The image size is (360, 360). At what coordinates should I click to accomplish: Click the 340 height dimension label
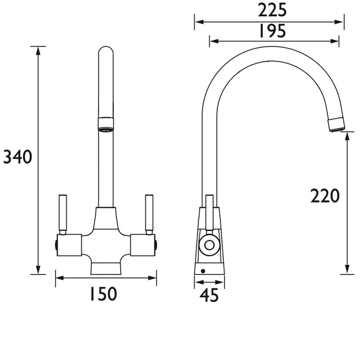(18, 157)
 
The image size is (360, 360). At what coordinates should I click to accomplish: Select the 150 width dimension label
(102, 294)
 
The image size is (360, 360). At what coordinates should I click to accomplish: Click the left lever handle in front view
(63, 213)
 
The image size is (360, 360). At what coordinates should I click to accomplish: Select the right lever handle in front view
(148, 213)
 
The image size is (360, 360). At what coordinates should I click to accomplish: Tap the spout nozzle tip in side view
(336, 125)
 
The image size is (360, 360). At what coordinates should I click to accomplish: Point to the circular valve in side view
(209, 245)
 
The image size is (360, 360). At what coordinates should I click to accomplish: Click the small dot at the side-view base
(203, 271)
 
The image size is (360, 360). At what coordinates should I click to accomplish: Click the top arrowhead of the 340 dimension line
(38, 49)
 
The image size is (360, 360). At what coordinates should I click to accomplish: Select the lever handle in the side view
(209, 211)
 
